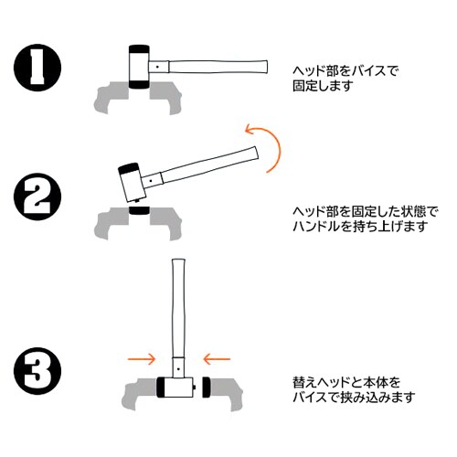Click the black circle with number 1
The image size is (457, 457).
(37, 68)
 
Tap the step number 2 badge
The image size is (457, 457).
(37, 195)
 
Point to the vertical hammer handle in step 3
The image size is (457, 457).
(179, 311)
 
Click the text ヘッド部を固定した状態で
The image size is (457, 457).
(364, 209)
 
